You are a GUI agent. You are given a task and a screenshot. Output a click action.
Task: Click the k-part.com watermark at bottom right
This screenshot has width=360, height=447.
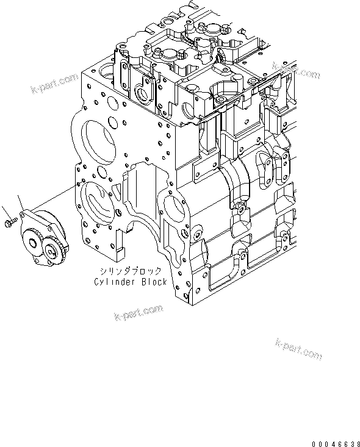(298, 349)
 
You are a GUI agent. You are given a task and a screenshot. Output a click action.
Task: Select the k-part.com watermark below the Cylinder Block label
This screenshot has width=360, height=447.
(139, 313)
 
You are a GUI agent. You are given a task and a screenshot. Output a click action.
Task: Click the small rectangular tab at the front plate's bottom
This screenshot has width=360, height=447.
(120, 251)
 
